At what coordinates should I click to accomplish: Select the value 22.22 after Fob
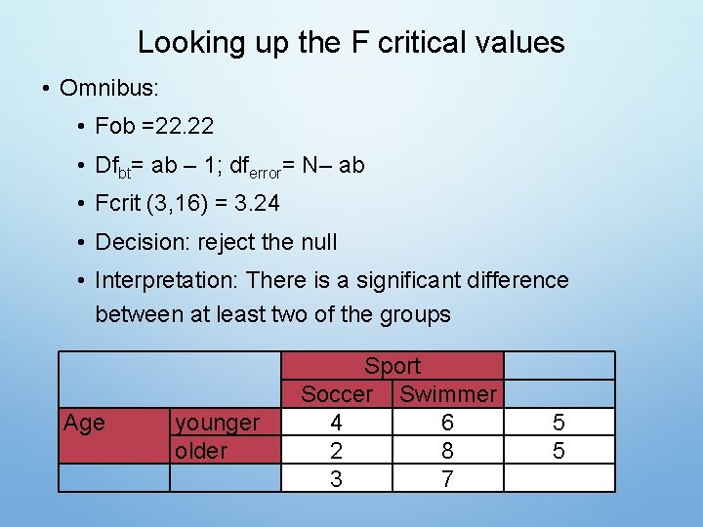[x=184, y=127]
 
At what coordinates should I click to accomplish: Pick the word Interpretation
[x=166, y=281]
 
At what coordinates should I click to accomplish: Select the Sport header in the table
[x=393, y=366]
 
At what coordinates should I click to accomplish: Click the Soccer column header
[x=337, y=394]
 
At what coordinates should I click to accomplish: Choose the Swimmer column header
[x=448, y=394]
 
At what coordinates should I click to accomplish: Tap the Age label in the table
[x=84, y=423]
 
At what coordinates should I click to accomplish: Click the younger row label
[x=217, y=423]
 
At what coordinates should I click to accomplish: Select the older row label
[x=200, y=451]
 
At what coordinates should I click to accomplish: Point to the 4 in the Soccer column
[x=337, y=423]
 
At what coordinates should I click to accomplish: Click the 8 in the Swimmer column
[x=448, y=451]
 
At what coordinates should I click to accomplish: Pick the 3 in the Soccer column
[x=337, y=479]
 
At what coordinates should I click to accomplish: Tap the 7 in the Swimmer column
[x=448, y=479]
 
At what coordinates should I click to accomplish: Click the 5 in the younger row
[x=558, y=423]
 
